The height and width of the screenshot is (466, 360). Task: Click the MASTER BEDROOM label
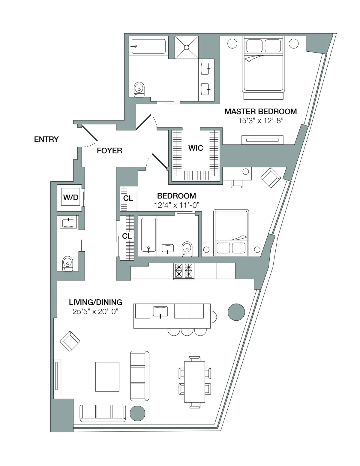point(260,111)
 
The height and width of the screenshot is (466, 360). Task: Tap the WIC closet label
point(196,148)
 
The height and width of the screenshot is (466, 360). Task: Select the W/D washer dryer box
point(71,197)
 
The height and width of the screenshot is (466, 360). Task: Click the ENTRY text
point(46,139)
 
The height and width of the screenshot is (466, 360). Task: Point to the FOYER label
point(109,150)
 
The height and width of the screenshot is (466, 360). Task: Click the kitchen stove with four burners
point(184,271)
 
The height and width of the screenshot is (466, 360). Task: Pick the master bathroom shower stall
point(187,47)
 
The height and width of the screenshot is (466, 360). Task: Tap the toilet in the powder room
point(67,263)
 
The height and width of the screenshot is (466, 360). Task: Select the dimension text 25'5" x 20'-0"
point(96,311)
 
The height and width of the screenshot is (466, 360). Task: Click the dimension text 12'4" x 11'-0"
point(177,205)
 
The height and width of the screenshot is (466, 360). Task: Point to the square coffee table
point(107,377)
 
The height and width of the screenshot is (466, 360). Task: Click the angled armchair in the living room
point(70,341)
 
